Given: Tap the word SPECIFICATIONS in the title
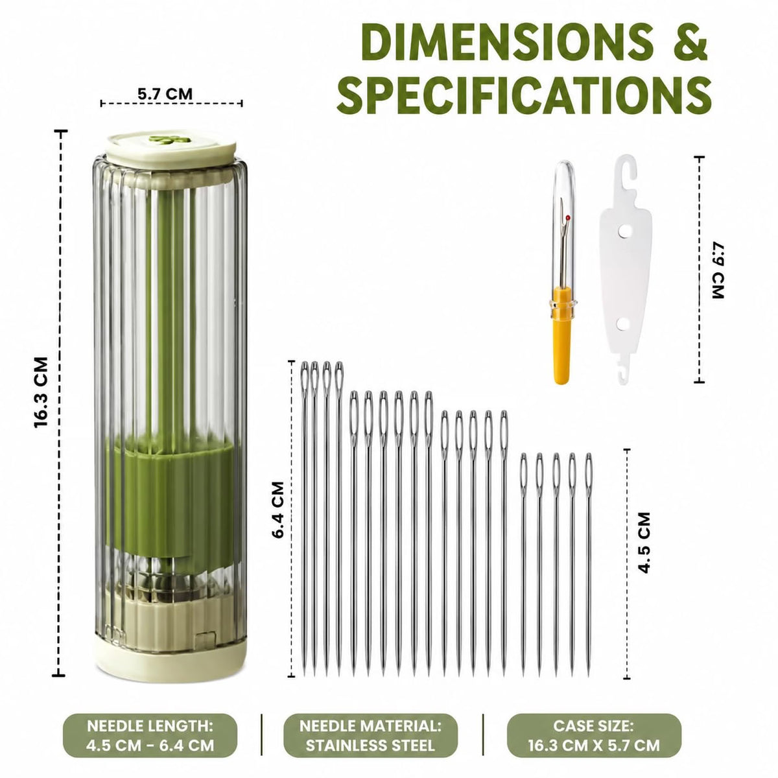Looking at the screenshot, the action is coord(524,96).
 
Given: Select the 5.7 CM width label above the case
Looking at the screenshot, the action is coord(165,95).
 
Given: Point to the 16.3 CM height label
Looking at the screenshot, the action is coord(41,392).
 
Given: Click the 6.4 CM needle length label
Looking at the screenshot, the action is coord(278,510).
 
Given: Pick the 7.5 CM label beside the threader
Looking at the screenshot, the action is coord(718,270).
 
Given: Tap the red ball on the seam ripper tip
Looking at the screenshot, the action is coord(568,218).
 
